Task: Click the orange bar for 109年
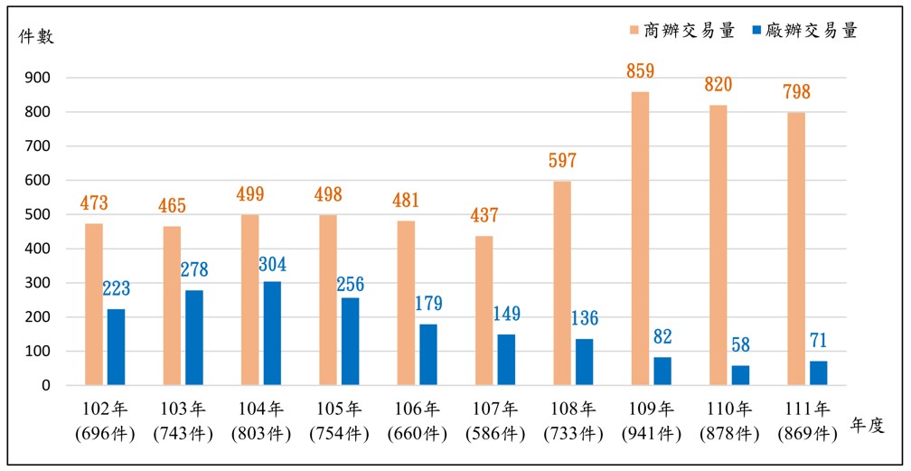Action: tap(640, 239)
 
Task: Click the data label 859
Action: tap(640, 71)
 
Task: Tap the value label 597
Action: tap(561, 161)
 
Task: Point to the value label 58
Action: tap(740, 345)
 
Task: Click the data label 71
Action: tap(818, 341)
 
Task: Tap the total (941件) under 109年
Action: tap(652, 434)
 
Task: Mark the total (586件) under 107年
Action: tap(495, 434)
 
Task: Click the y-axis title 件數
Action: tap(37, 36)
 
